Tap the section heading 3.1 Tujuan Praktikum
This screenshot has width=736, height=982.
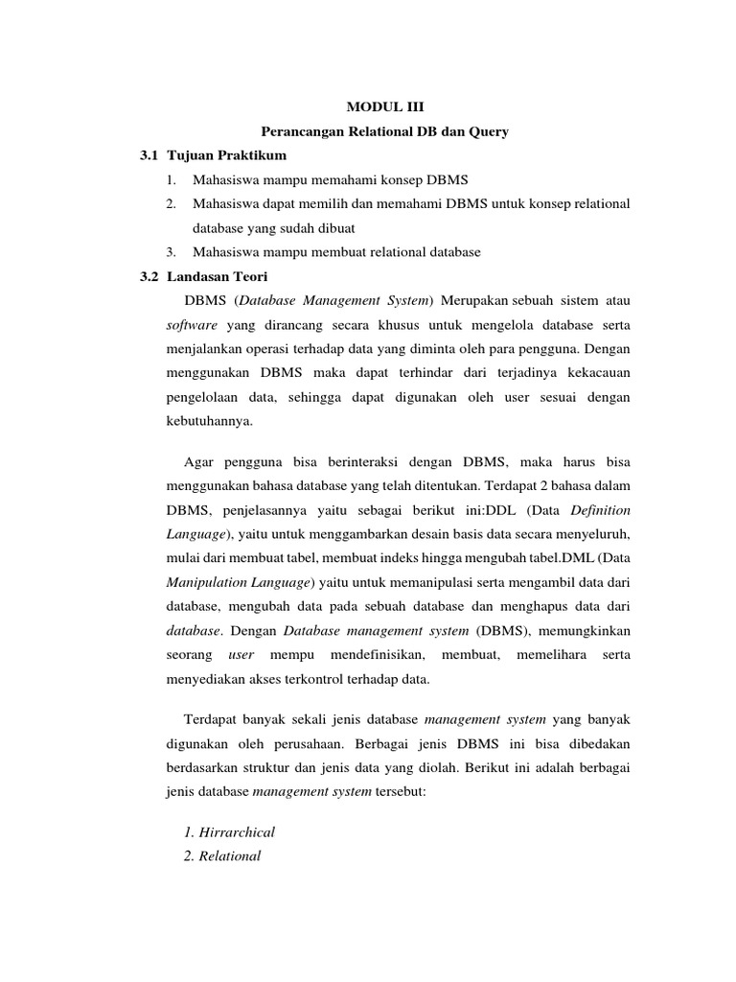(213, 154)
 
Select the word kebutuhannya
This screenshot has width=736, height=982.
(206, 420)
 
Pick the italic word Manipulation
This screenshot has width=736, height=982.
(210, 582)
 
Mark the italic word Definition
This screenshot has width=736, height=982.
(601, 510)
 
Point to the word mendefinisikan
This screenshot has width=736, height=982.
(376, 654)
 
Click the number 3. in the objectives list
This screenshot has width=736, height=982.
(171, 251)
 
